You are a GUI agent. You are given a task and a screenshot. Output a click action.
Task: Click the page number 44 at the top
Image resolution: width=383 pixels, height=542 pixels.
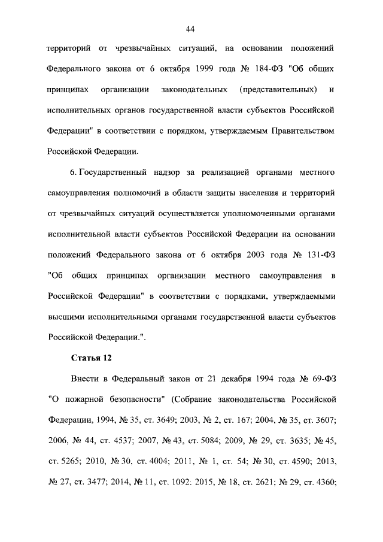(191, 28)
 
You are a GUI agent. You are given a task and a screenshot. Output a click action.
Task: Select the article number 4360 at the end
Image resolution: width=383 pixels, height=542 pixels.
(323, 482)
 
